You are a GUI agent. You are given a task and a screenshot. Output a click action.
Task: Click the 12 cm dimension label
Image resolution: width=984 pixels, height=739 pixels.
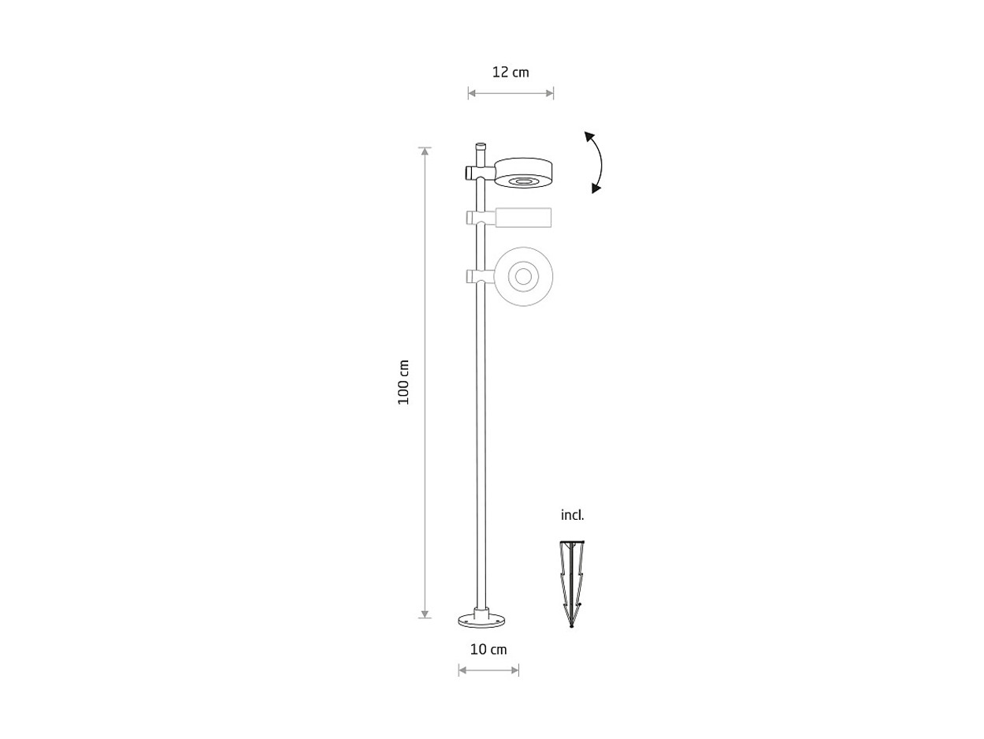click(511, 72)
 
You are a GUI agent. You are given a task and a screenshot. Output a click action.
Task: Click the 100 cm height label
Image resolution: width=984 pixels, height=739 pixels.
click(403, 382)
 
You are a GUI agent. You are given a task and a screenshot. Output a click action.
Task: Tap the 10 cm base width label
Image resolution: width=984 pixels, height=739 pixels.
click(488, 649)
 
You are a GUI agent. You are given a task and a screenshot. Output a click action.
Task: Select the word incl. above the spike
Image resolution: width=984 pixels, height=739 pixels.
click(573, 515)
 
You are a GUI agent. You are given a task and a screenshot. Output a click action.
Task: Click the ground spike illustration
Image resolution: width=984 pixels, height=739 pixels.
click(572, 584)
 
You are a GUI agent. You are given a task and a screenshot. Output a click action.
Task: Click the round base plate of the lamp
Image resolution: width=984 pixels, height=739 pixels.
click(482, 621)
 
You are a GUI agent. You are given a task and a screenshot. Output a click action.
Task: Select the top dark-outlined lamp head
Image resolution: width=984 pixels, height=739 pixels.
click(523, 173)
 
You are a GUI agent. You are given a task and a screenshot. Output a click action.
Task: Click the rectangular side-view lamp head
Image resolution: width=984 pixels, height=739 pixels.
click(523, 218)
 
